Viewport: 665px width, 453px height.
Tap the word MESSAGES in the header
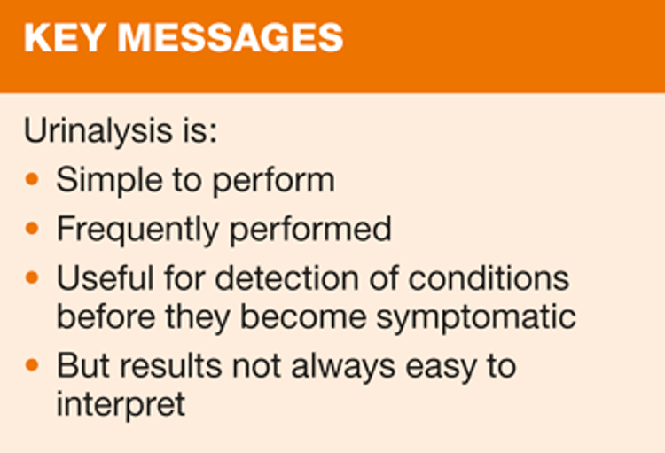230,38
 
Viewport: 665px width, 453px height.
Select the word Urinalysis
98,131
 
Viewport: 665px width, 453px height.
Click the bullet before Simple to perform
32,179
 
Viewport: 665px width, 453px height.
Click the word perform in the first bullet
274,181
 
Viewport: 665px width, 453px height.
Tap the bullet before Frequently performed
32,228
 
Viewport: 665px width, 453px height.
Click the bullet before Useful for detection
32,277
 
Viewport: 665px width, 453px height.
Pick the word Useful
106,278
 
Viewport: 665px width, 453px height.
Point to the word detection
287,278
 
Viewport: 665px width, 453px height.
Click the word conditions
489,278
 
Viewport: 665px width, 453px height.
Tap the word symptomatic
476,318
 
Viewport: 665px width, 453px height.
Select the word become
303,316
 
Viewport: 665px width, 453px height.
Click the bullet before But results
32,364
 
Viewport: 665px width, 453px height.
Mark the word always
343,367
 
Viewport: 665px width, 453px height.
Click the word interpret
121,404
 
